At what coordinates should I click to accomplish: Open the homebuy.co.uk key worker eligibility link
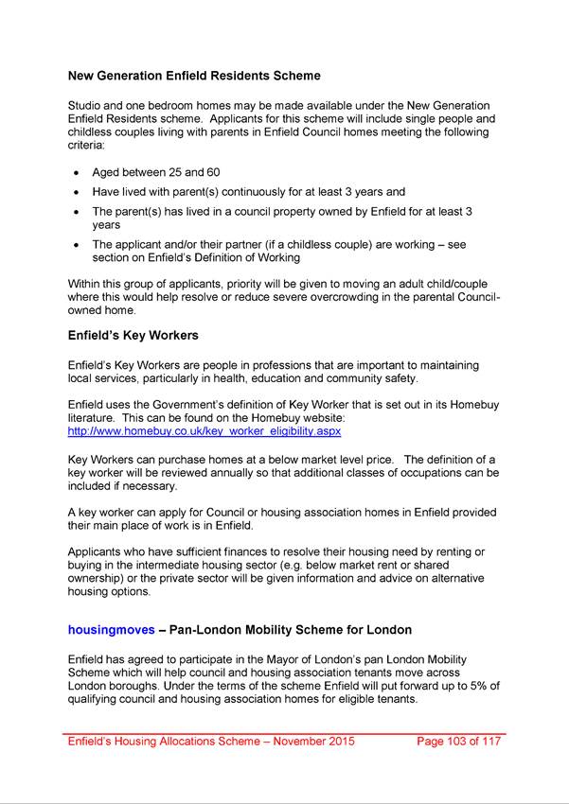204,430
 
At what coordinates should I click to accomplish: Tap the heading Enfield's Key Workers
133,335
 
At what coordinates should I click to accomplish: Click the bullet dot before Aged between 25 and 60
77,174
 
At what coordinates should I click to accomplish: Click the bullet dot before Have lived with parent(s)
77,192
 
